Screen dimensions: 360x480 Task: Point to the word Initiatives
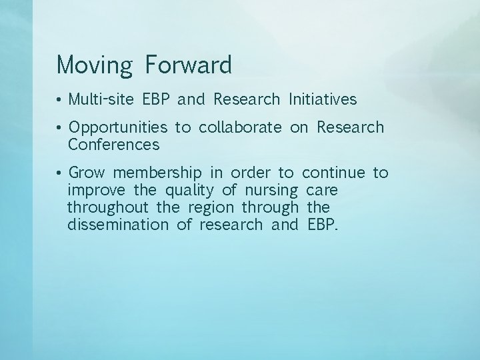(x=323, y=100)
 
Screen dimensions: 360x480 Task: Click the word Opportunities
(x=117, y=127)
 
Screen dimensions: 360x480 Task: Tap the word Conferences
(x=113, y=144)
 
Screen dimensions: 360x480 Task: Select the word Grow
(x=87, y=173)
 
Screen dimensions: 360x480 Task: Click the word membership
(x=159, y=173)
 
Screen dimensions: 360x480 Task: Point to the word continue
(x=333, y=173)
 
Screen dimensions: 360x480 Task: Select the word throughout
(x=105, y=207)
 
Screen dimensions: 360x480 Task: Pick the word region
(x=214, y=207)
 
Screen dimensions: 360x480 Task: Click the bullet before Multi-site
(x=60, y=101)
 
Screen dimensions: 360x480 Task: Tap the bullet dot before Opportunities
(x=60, y=127)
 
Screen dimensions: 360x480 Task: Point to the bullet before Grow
(x=60, y=174)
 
